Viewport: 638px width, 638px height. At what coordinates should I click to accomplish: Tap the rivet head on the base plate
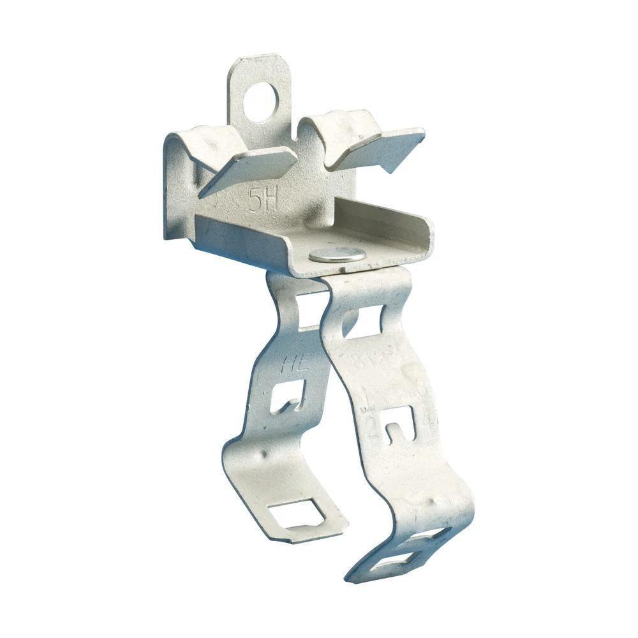click(338, 255)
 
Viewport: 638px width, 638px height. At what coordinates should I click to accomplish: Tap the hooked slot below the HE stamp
click(285, 400)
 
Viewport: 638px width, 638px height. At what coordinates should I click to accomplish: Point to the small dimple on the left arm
click(263, 455)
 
